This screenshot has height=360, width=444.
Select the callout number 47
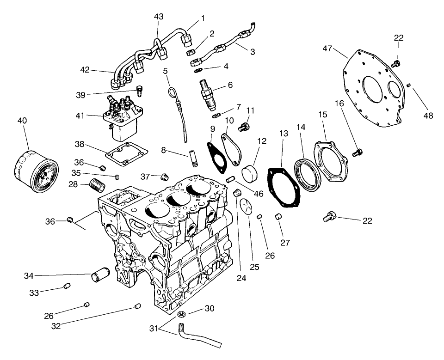(x=327, y=49)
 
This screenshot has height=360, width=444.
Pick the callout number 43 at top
(x=159, y=16)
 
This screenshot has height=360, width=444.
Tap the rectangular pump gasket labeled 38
(x=126, y=154)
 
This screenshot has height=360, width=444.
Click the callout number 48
(x=428, y=116)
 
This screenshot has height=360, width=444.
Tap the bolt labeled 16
(x=357, y=152)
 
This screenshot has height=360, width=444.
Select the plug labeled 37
(x=164, y=176)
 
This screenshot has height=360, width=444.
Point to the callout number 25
(x=254, y=267)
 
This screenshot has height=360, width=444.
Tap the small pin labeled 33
(x=67, y=287)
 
